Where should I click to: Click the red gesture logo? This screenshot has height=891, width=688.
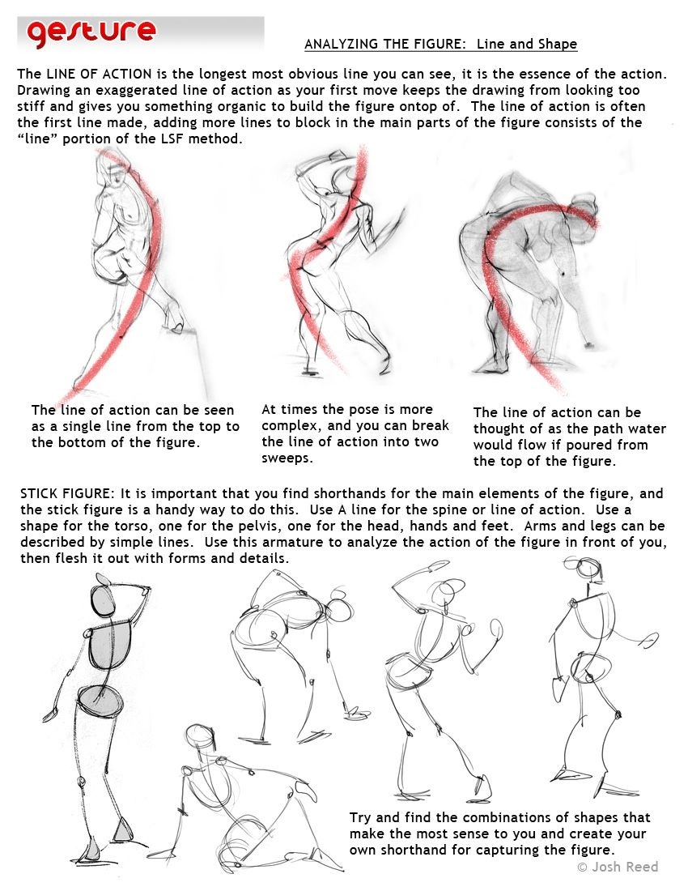coord(91,33)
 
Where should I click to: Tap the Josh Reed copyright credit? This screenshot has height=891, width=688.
coord(618,867)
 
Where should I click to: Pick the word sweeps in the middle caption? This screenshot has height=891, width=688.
coord(287,458)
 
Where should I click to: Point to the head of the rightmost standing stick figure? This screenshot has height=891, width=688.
coord(588,569)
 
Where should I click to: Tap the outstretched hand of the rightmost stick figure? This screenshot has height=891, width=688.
coord(648,641)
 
